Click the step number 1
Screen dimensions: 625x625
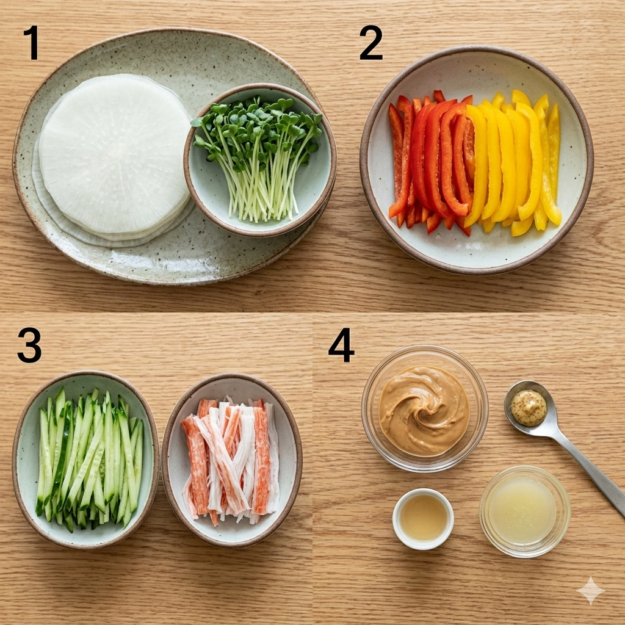[32, 43]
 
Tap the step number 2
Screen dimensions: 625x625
[370, 43]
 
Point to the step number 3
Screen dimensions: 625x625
[29, 345]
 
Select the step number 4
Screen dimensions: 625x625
[341, 345]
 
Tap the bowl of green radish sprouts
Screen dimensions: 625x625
[260, 159]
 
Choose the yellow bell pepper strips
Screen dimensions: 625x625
[514, 161]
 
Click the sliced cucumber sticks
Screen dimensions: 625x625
[89, 459]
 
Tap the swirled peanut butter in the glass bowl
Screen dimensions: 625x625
[424, 411]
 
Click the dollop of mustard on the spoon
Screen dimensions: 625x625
[529, 408]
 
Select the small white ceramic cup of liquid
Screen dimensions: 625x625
[423, 519]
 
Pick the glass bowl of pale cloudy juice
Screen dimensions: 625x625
[524, 511]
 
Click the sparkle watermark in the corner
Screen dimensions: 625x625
[591, 591]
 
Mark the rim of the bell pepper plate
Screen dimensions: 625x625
[364, 159]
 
